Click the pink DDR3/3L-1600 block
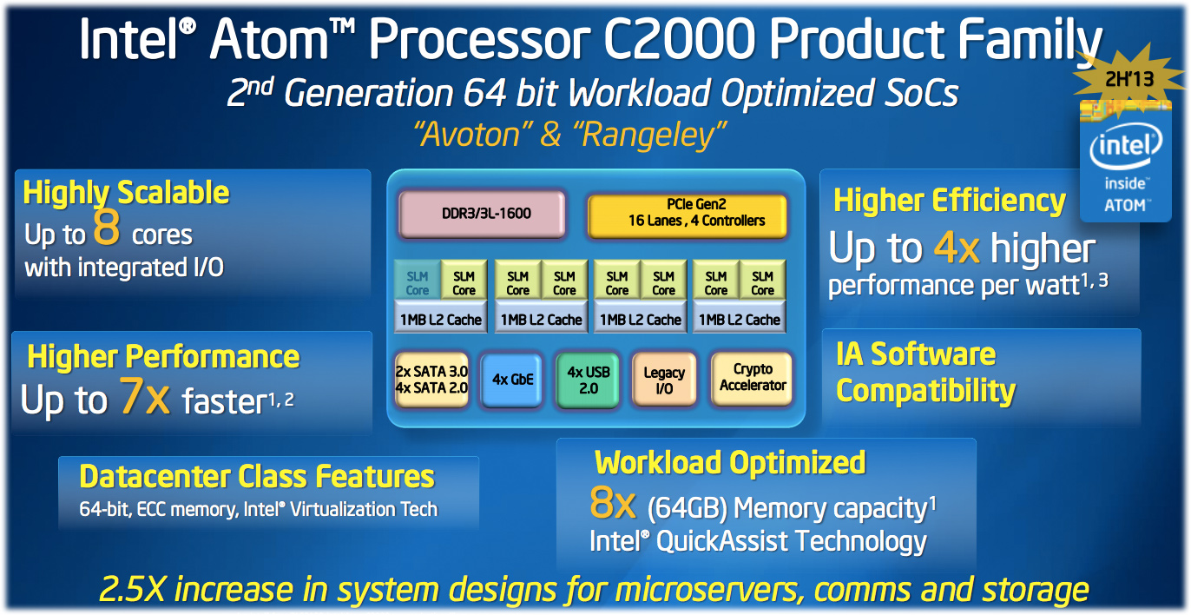tap(482, 214)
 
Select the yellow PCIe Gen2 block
tap(687, 215)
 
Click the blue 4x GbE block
tap(511, 380)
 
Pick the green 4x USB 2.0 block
tap(588, 380)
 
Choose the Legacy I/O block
tap(664, 380)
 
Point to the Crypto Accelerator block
tap(752, 378)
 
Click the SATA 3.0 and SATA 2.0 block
tap(431, 380)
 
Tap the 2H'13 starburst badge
tap(1128, 80)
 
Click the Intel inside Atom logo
tap(1126, 162)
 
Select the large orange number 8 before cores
tap(106, 227)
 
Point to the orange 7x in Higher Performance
tap(145, 396)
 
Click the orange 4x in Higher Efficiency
tap(957, 248)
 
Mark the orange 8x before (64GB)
tap(613, 503)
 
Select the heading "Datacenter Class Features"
tap(257, 476)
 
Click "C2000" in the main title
tap(680, 39)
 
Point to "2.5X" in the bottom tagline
tap(132, 590)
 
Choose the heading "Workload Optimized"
tap(730, 463)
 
